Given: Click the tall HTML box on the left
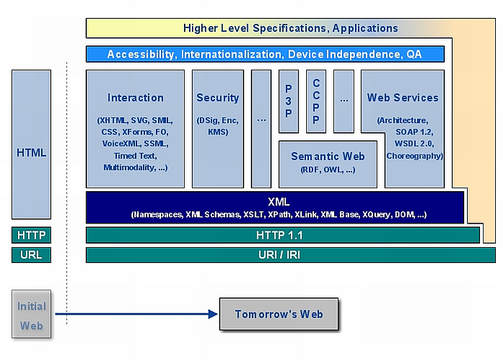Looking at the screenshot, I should coord(31,152).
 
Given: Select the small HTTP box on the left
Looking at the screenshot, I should coord(31,235).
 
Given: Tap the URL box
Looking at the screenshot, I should coord(31,255).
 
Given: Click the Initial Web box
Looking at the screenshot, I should coord(32,315).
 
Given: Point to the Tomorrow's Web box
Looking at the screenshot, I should coord(278,314).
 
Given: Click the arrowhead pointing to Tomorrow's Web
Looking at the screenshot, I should coord(213,314).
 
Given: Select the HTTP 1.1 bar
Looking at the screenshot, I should coord(282,235).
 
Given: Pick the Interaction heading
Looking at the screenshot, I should coord(135,98).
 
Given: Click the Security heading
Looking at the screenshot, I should coord(217,98).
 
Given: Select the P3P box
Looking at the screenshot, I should coord(288,101).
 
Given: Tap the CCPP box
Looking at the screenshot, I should coord(316,101).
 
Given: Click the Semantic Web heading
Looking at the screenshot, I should coord(328,156).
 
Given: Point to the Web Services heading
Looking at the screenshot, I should coord(402,98).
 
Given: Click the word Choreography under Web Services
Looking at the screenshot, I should coord(415,155).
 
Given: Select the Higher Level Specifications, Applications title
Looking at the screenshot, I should coord(290,28).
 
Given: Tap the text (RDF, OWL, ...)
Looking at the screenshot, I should coord(328,170).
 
